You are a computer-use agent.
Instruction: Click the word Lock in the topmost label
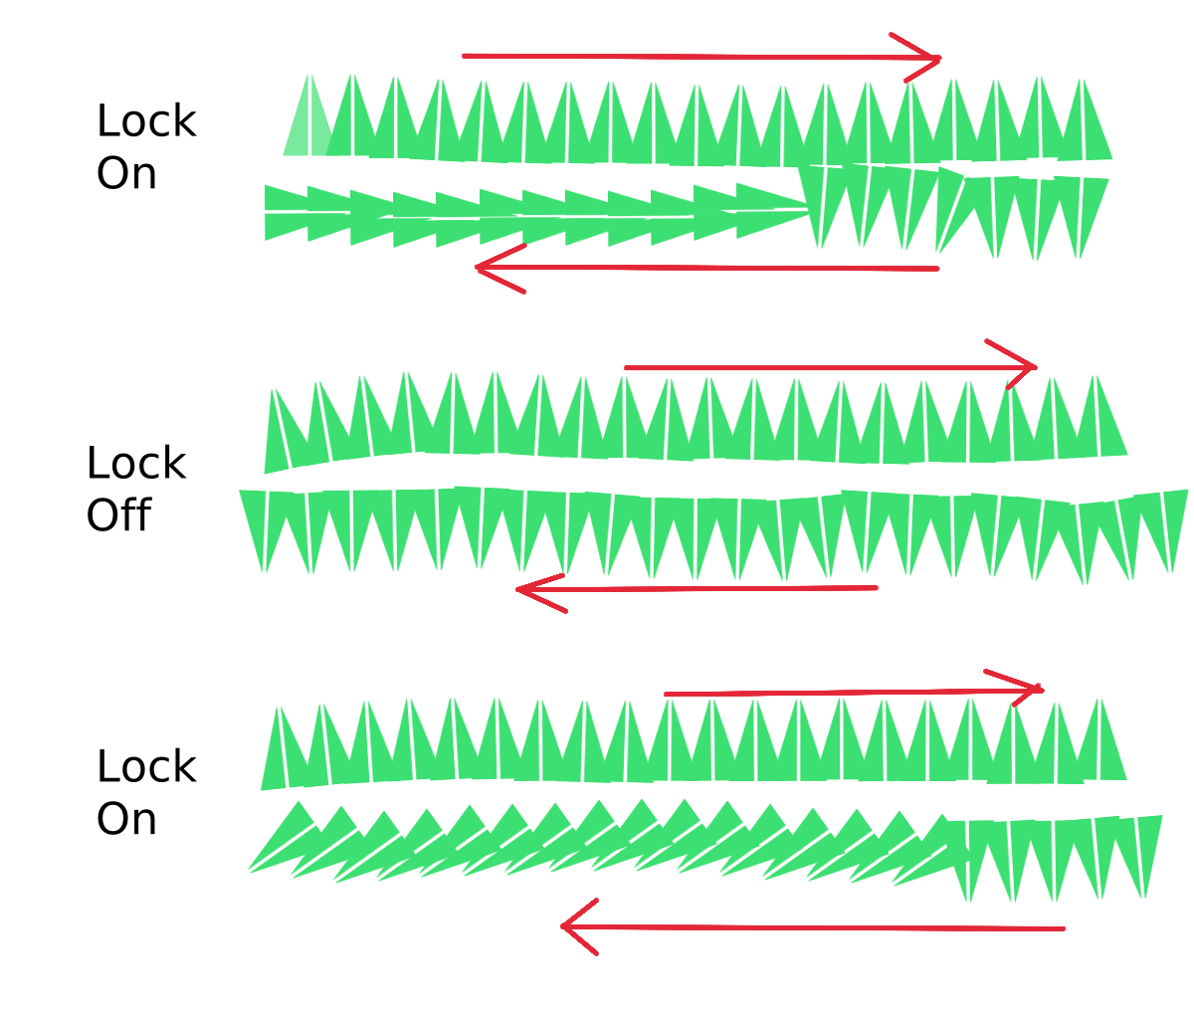pyautogui.click(x=146, y=121)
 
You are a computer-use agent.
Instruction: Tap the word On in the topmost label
pyautogui.click(x=126, y=174)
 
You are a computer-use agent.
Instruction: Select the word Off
pyautogui.click(x=118, y=515)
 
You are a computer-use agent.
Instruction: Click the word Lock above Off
pyautogui.click(x=136, y=464)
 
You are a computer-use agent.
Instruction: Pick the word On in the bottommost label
pyautogui.click(x=126, y=819)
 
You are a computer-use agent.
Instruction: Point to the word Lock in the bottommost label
pyautogui.click(x=146, y=767)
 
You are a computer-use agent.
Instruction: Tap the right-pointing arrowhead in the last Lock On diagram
pyautogui.click(x=1036, y=689)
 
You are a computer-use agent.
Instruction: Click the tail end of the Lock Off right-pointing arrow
pyautogui.click(x=627, y=367)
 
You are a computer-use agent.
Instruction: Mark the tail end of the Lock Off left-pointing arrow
pyautogui.click(x=875, y=588)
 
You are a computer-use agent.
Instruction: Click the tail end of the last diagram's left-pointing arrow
pyautogui.click(x=1062, y=928)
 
